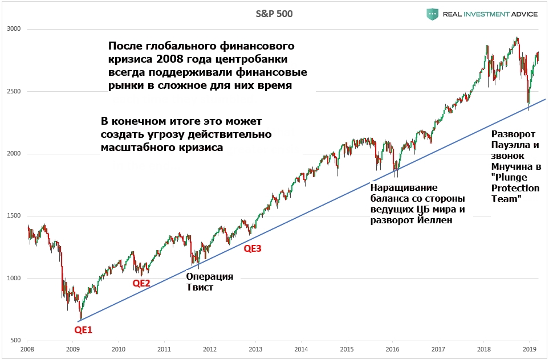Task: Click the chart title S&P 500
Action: coord(274,14)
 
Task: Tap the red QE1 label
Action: coord(83,329)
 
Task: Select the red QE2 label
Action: coord(141,283)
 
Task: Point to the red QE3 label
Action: coord(253,248)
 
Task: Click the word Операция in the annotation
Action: coord(210,276)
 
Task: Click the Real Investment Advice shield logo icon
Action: coord(433,14)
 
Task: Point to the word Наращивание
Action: coord(404,187)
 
